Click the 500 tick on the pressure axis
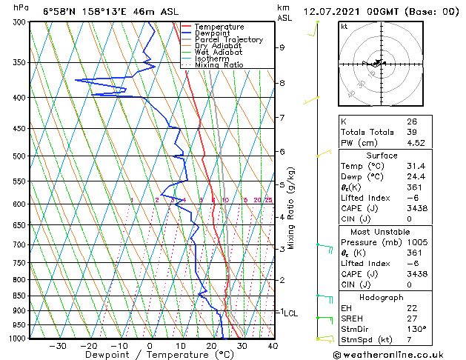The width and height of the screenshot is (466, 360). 19,156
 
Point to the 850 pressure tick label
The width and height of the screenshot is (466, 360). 19,296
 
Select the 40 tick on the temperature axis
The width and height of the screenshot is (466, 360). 273,345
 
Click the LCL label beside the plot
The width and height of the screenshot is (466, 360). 290,313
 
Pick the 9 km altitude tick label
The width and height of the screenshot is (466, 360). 282,47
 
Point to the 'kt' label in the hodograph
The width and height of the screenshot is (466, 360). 344,26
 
